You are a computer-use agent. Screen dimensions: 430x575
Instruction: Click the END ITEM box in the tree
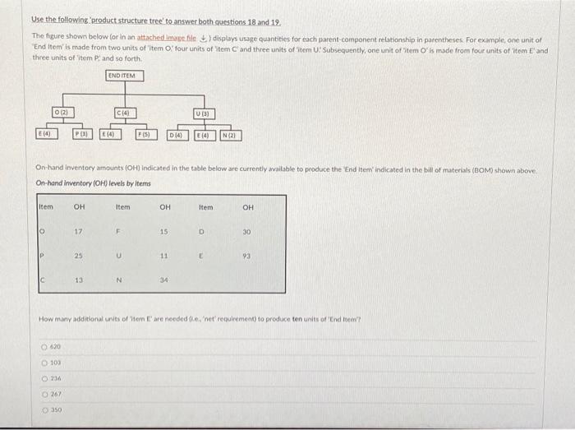point(124,76)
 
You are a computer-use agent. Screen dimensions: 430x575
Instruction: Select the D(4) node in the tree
point(178,134)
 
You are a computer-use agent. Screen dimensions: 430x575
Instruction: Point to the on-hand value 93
point(247,256)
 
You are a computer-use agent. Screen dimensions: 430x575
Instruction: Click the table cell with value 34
point(163,280)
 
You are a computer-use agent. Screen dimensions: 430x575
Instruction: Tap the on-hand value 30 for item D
point(247,232)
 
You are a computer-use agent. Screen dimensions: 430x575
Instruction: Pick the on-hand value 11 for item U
point(163,256)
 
